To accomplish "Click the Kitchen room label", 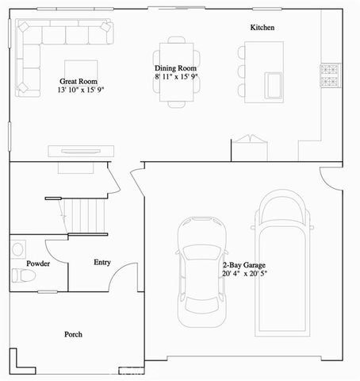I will pyautogui.click(x=262, y=28).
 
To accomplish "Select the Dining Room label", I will pyautogui.click(x=174, y=69).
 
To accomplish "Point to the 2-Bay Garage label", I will pyautogui.click(x=243, y=264).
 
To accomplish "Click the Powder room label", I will pyautogui.click(x=38, y=263).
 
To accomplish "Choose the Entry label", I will pyautogui.click(x=102, y=262).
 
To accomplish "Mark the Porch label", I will pyautogui.click(x=73, y=334).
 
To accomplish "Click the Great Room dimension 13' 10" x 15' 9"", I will pyautogui.click(x=80, y=90).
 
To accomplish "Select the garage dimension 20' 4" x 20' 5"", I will pyautogui.click(x=246, y=274).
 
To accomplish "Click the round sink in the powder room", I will pyautogui.click(x=17, y=248).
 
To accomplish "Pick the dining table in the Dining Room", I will pyautogui.click(x=174, y=70).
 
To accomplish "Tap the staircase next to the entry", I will pyautogui.click(x=82, y=217).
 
